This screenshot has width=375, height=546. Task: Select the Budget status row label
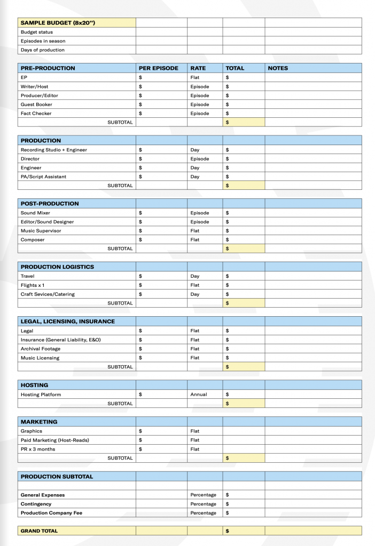click(x=37, y=32)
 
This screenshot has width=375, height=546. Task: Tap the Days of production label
click(x=43, y=50)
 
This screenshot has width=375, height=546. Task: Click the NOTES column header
click(x=278, y=68)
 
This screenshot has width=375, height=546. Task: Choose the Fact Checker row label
click(x=36, y=114)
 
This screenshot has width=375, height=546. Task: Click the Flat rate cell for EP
click(x=195, y=77)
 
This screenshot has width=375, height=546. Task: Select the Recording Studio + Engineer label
click(x=54, y=150)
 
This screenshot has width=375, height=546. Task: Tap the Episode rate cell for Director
click(x=200, y=159)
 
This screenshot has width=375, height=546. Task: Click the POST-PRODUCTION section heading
click(x=50, y=204)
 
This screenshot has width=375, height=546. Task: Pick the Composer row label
click(x=33, y=240)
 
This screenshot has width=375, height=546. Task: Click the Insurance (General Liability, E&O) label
click(x=61, y=340)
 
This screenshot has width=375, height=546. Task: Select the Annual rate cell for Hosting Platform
click(x=199, y=395)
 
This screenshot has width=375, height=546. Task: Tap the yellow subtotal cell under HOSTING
click(x=244, y=404)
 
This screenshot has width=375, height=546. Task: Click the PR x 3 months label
click(x=38, y=449)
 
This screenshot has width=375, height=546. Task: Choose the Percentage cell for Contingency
click(x=204, y=504)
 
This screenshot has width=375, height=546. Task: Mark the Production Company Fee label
click(x=51, y=513)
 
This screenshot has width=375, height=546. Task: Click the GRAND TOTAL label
click(x=39, y=531)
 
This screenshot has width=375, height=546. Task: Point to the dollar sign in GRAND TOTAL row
click(x=228, y=531)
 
